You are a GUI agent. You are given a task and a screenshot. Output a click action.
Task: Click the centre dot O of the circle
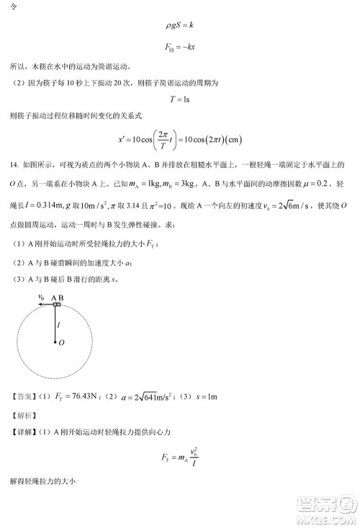click(57, 342)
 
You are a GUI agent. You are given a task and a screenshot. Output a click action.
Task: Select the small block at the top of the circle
click(57, 305)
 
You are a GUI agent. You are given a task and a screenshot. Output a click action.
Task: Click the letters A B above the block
click(57, 296)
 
